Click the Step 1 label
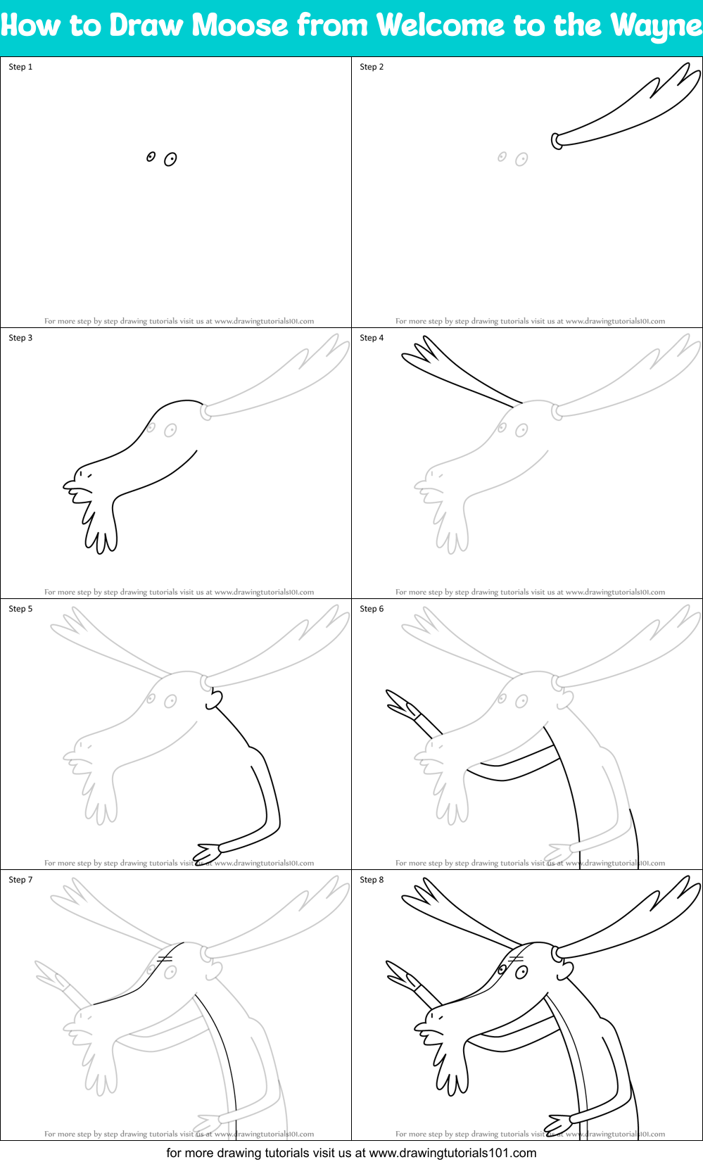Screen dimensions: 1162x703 20,67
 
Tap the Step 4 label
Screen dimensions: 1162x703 372,338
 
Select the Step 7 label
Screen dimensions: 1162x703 20,880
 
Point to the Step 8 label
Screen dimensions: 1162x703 372,880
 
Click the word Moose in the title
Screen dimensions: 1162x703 239,26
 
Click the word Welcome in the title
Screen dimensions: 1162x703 441,26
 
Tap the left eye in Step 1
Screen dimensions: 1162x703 151,157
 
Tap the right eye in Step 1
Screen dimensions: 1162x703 170,160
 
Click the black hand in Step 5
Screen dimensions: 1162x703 208,851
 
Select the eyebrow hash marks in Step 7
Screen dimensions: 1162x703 165,959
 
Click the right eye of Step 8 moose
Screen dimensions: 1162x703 521,972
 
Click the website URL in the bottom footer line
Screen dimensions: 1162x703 452,1153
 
